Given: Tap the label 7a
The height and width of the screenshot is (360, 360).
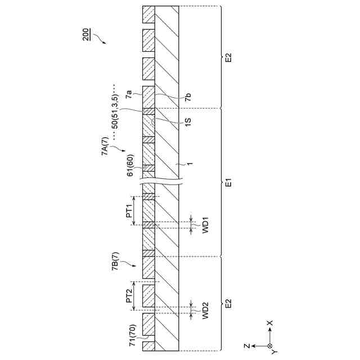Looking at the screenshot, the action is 129,94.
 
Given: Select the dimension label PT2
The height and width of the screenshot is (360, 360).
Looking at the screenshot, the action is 129,298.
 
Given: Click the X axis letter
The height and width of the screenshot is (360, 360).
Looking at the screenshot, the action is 269,324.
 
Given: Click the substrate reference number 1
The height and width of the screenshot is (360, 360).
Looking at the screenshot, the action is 189,164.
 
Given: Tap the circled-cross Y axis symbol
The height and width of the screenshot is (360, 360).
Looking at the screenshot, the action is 269,345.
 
